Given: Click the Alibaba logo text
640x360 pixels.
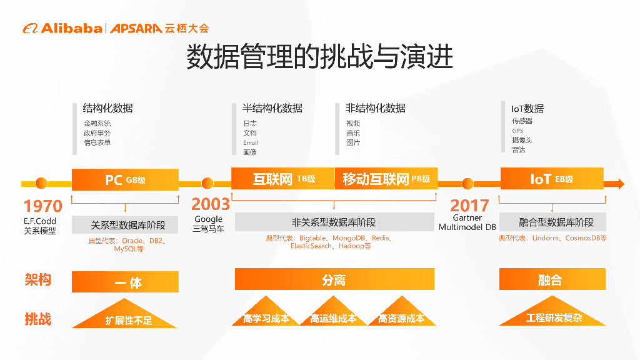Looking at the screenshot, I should click(71, 28).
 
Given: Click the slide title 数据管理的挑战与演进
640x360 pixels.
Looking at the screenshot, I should click(319, 56).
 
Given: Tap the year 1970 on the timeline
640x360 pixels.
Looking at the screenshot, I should click(43, 206).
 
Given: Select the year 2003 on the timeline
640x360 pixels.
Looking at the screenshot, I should click(211, 204).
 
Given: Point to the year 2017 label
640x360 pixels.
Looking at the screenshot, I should click(469, 205).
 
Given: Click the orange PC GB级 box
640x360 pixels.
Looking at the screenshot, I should click(125, 179).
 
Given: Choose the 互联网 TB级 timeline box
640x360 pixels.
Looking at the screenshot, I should click(282, 179).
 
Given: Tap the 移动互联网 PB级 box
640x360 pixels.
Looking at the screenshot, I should click(386, 179).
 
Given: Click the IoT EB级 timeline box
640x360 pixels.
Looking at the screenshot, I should click(551, 179).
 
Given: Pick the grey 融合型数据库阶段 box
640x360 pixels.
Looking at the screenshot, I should click(552, 222).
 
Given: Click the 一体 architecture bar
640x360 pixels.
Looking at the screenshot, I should click(125, 282).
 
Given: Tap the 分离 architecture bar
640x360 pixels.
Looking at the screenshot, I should click(334, 279).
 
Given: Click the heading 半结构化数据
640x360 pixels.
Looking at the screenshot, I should click(272, 108).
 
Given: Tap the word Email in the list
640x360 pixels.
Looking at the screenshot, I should click(251, 142).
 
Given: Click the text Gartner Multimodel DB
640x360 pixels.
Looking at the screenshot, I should click(467, 222).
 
